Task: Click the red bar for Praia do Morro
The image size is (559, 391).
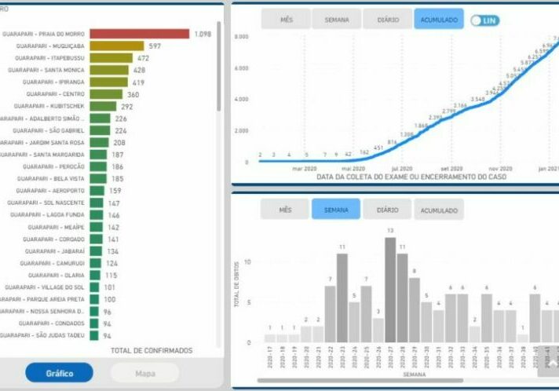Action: point(139,34)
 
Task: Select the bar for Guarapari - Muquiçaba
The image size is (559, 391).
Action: point(116,46)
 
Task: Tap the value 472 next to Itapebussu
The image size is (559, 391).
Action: point(143,58)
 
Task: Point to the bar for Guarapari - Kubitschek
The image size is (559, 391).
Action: point(102,106)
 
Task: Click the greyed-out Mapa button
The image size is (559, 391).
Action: point(144,372)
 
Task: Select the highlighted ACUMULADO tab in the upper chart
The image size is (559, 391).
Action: point(439,20)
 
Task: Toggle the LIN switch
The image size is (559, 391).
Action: point(484,20)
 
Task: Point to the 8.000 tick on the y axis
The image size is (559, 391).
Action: point(241,37)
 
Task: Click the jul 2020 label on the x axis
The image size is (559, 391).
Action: point(402,169)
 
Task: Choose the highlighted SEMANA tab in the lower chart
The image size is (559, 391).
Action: point(335,209)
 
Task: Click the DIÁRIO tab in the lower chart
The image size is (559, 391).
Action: point(387,209)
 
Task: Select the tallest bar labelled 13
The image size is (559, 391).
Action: point(390,291)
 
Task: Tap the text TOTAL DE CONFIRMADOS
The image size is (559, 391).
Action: point(152,350)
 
